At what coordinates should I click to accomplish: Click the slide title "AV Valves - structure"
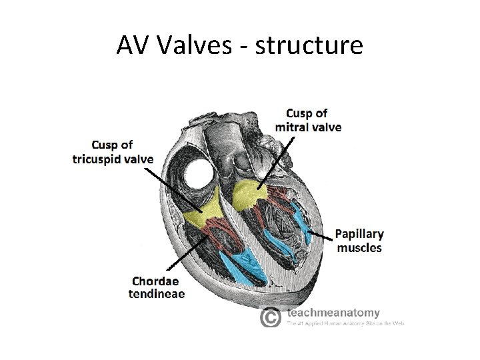coord(239,45)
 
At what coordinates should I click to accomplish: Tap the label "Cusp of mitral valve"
coord(308,119)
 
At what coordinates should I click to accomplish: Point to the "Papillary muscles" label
coord(359,241)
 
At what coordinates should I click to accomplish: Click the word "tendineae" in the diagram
coord(157,294)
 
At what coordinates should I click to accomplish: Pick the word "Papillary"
coord(359,234)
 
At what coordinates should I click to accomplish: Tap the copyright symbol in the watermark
coord(269,317)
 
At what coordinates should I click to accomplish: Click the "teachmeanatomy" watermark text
coord(333,312)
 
